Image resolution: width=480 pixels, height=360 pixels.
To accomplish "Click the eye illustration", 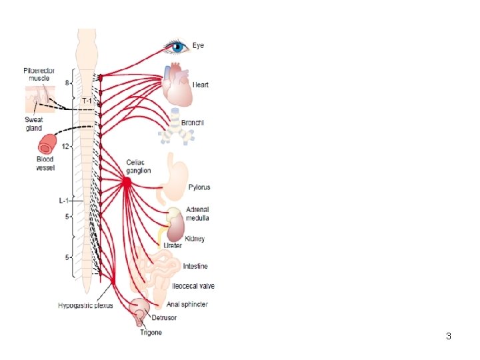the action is click(177, 47).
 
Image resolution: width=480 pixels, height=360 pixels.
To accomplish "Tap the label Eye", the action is click(199, 45).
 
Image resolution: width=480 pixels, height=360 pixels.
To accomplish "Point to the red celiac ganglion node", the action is click(126, 181).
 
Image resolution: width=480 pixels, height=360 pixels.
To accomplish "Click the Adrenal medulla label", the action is click(198, 213).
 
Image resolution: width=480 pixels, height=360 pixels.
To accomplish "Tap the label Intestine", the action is click(195, 266).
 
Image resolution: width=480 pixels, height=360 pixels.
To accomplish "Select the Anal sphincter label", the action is click(187, 304).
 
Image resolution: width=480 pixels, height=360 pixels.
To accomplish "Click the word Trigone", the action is click(150, 332).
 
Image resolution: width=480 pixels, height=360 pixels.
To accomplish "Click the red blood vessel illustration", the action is click(48, 145).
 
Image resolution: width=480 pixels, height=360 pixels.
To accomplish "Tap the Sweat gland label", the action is click(33, 124).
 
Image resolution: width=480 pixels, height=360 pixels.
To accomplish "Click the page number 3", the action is click(449, 336).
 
